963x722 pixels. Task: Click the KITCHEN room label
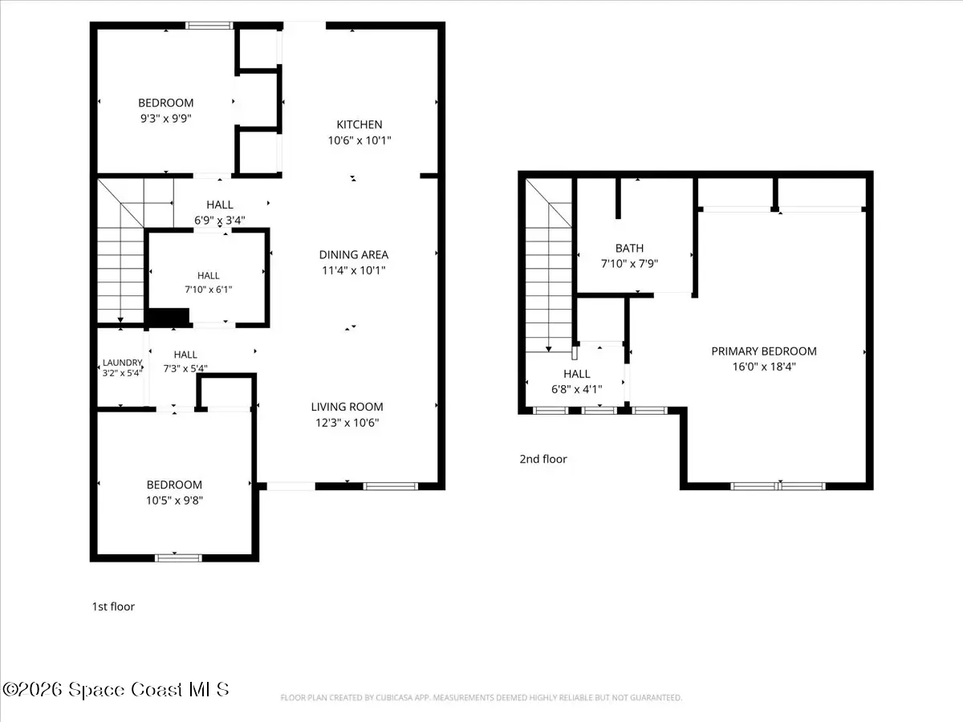click(360, 124)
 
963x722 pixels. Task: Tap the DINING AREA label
click(354, 254)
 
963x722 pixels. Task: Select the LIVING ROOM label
click(347, 407)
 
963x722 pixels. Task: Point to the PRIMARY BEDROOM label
click(764, 351)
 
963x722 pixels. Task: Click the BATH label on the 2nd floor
click(630, 248)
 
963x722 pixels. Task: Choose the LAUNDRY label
click(122, 363)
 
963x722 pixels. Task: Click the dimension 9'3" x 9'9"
click(166, 119)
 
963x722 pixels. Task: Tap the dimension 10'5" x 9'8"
click(174, 500)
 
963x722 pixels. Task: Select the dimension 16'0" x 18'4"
click(764, 367)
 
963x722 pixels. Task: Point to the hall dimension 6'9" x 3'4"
click(219, 220)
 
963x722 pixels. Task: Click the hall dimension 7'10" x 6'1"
click(209, 290)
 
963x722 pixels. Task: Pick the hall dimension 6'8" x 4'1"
click(576, 389)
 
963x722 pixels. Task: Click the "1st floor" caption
click(113, 606)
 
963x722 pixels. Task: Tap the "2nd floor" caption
click(543, 459)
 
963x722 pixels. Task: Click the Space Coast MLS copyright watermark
click(116, 690)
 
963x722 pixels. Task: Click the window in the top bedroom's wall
click(209, 26)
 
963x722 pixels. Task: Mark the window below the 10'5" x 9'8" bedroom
click(178, 558)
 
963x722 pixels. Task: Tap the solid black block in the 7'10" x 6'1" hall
click(168, 317)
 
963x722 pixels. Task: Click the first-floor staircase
click(120, 251)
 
